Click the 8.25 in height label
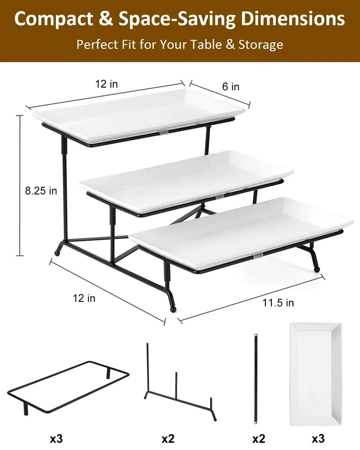point(41,190)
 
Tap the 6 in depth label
point(230,87)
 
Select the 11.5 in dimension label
point(278,303)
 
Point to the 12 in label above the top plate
point(106,84)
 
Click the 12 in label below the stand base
point(84,298)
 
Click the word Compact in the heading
point(52,19)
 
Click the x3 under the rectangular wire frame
point(56,439)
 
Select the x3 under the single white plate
point(318,439)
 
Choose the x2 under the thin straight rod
point(258,439)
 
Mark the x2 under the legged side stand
point(168,439)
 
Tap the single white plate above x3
point(315,373)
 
